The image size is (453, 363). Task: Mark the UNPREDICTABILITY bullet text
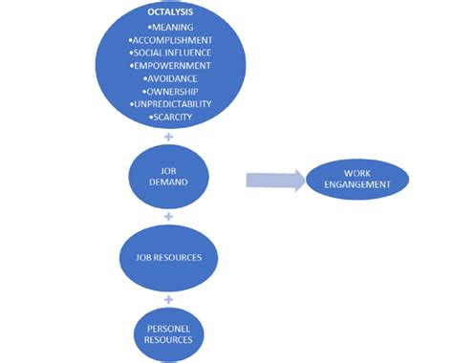tap(171, 103)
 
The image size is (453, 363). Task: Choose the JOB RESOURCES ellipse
tap(168, 257)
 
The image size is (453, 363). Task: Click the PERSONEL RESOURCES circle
tap(168, 331)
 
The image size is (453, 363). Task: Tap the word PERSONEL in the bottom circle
tap(168, 326)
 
